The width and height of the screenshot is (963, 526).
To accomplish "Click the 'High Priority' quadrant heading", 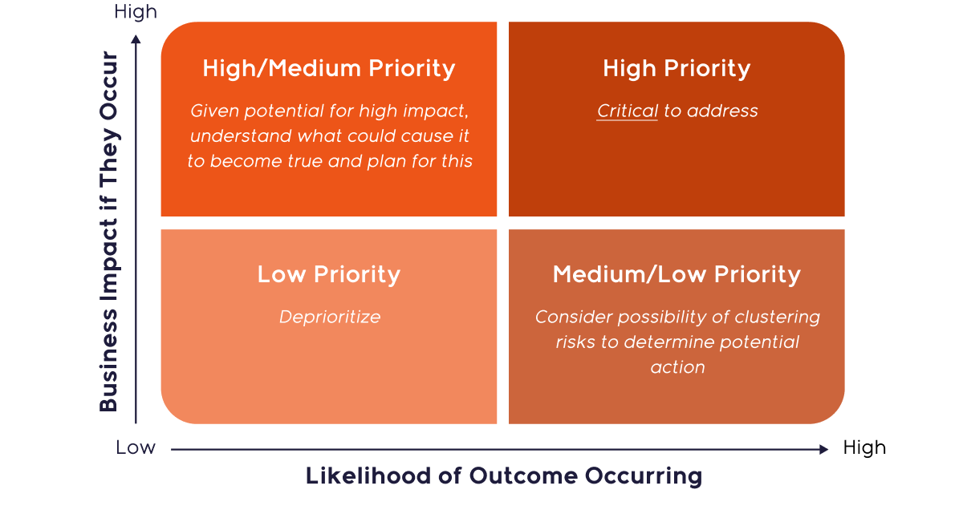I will tap(677, 69).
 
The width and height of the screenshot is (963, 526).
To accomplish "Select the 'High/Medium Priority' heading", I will tap(329, 69).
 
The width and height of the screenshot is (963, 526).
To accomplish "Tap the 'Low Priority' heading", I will tap(329, 275).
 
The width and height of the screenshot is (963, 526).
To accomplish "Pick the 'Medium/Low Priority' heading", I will tap(677, 275).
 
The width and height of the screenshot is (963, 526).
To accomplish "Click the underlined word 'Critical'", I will tap(628, 111).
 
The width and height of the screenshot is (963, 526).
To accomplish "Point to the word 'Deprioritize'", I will tap(330, 318).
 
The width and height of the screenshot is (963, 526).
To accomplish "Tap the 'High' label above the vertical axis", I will tap(136, 12).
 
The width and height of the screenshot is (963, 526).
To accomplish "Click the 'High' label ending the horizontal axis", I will tap(864, 448).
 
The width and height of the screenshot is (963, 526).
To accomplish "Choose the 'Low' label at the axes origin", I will tap(136, 448).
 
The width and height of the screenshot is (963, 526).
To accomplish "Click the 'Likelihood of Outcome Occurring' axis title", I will tap(504, 476).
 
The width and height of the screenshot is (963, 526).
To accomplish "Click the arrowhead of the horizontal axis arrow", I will tap(823, 450).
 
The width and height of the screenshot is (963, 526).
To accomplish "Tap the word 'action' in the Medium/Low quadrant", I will tap(678, 367).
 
